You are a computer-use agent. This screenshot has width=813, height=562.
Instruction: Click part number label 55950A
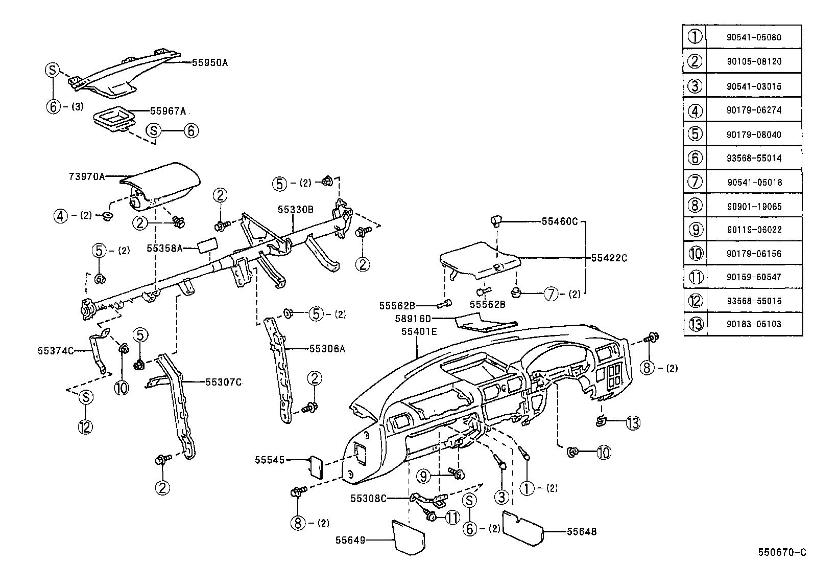coord(209,63)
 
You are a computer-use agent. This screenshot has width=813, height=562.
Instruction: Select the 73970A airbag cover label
coord(86,176)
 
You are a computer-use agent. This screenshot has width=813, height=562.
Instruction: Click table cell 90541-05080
coord(754,37)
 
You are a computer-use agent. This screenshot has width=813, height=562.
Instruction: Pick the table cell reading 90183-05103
coord(754,324)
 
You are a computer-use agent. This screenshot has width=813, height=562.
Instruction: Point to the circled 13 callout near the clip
coord(632,423)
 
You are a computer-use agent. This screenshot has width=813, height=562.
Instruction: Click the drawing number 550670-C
coord(782,552)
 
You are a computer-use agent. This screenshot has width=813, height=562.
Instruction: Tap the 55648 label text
coord(581,532)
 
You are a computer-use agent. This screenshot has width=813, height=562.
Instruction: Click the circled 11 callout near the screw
coord(452,518)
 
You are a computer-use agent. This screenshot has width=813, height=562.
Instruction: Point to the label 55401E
coord(419,331)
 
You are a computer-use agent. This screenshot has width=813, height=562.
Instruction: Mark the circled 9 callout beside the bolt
coord(423,477)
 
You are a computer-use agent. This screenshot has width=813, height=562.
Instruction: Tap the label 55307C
coord(223,382)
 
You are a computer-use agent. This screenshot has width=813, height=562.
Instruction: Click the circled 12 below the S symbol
coord(85,426)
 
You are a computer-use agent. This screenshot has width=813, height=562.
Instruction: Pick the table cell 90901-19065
coord(754,207)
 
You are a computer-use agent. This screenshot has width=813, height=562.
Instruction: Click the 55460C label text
coord(560,221)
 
